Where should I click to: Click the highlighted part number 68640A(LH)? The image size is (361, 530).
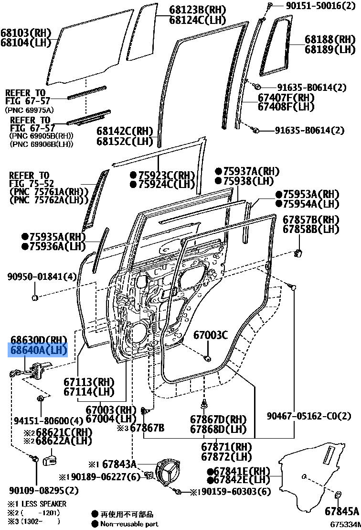[39, 351]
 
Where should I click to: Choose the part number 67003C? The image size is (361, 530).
[211, 335]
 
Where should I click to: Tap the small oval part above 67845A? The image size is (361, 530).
[337, 495]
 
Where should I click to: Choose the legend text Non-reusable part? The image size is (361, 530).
[129, 524]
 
